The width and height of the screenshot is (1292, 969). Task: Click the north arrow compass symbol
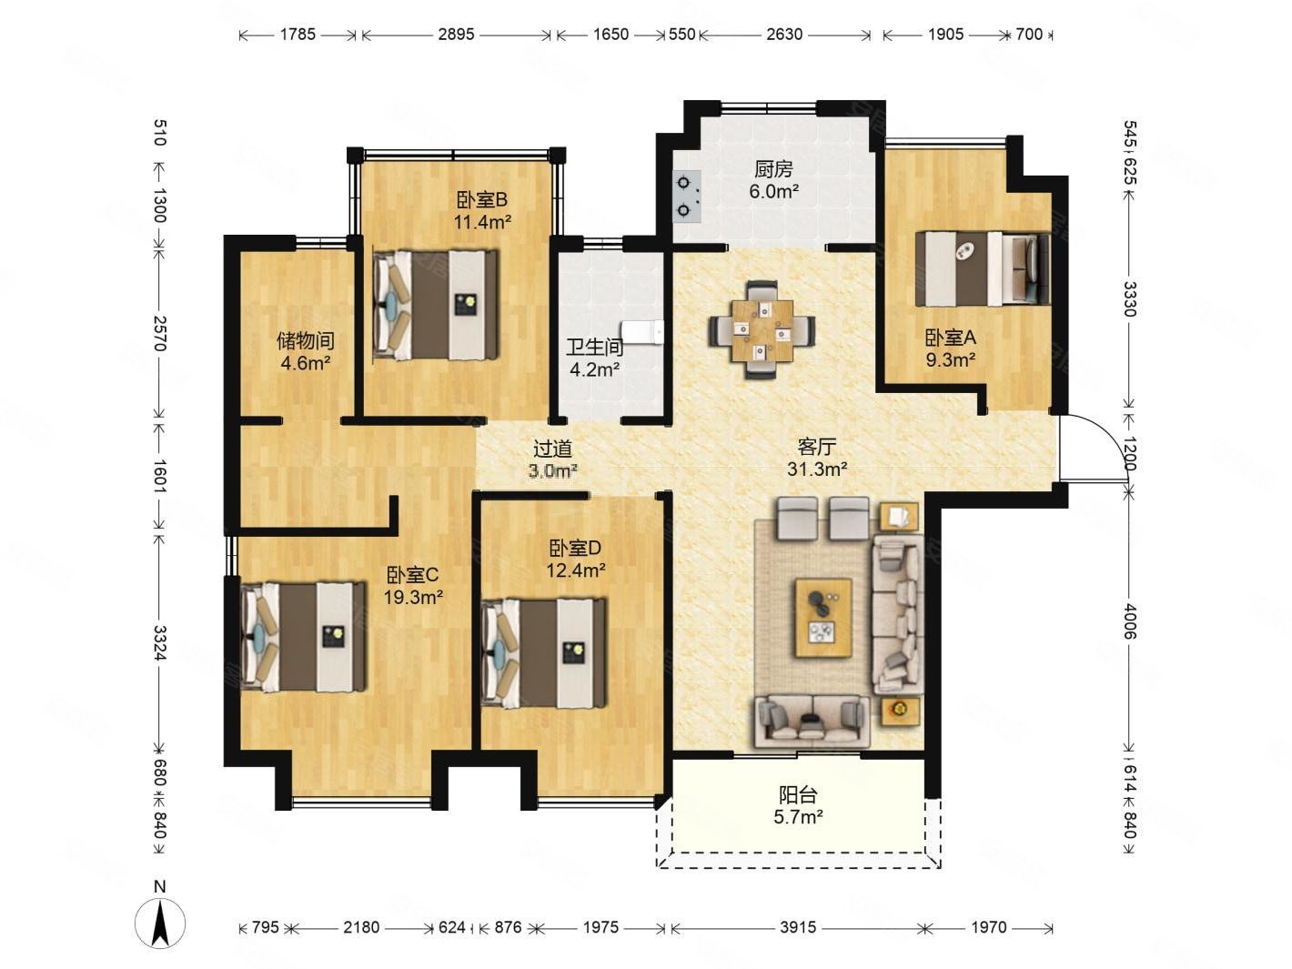click(x=159, y=922)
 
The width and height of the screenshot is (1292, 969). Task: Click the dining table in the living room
click(x=762, y=330)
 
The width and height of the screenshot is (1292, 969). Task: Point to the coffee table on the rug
click(x=823, y=617)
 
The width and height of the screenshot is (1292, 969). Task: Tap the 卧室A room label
click(x=951, y=338)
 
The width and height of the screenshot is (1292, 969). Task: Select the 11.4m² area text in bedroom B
click(x=482, y=222)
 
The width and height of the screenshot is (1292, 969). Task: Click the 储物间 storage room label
click(x=306, y=340)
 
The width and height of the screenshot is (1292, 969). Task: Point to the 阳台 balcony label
click(x=798, y=795)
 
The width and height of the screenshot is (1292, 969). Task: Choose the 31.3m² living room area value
click(x=817, y=469)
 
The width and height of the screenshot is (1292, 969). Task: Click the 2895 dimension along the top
click(x=456, y=35)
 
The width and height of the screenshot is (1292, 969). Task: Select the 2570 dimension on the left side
click(x=160, y=334)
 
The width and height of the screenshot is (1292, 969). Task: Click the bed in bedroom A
click(x=983, y=268)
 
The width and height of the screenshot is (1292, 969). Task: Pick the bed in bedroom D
click(x=543, y=651)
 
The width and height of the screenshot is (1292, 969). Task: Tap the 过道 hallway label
click(x=552, y=449)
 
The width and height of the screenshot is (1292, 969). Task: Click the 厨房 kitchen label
click(x=773, y=169)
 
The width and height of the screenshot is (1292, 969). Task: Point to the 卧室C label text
click(x=412, y=574)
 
